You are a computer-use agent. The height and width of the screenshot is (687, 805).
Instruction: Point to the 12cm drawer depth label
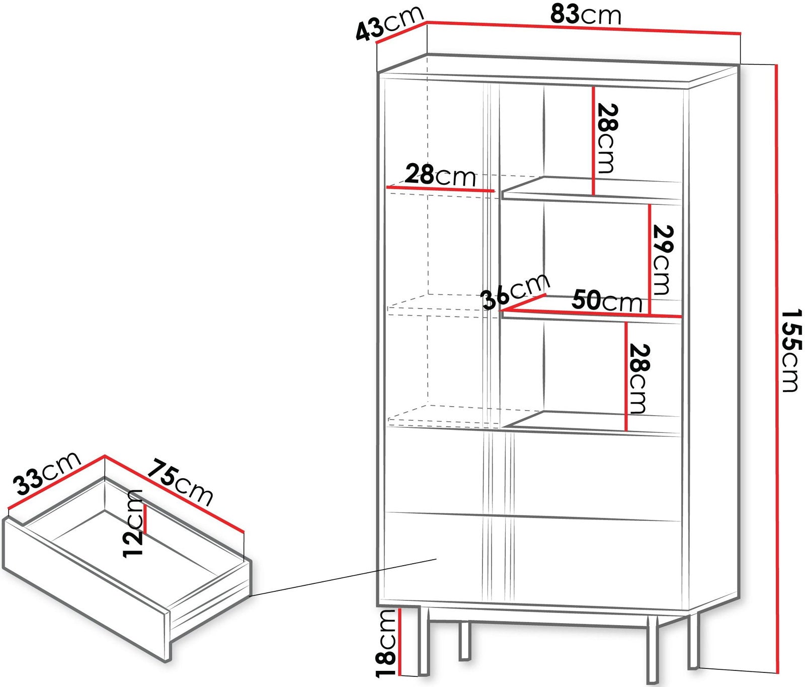pos(134,523)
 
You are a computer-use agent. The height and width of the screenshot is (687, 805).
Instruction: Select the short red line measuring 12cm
pos(145,518)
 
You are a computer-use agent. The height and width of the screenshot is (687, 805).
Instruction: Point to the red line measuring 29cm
pos(650,260)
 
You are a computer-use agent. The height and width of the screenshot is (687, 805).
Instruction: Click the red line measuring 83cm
pos(584,28)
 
